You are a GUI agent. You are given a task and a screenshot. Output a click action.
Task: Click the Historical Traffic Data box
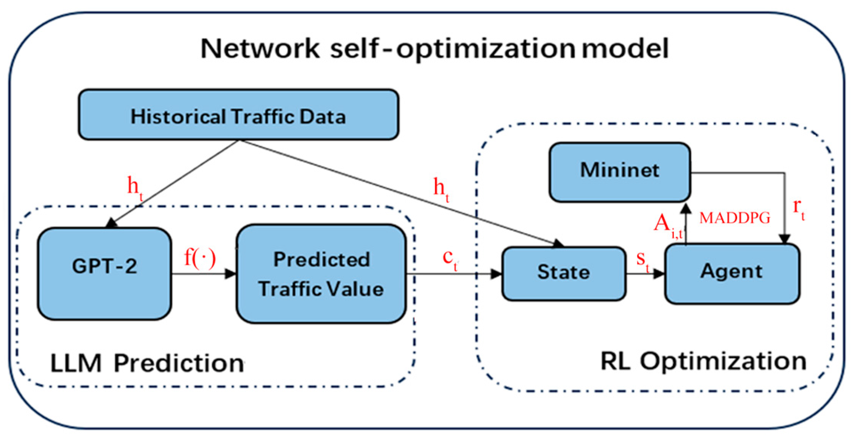tap(238, 115)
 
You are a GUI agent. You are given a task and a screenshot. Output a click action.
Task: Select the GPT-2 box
tap(104, 273)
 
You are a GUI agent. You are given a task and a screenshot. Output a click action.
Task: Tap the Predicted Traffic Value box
tap(321, 274)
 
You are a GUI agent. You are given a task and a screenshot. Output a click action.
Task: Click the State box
tap(563, 273)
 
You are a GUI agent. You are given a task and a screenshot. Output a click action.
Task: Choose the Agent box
tap(732, 273)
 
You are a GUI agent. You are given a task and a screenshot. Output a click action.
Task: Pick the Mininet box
tap(620, 171)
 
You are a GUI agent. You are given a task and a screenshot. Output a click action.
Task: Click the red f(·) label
tap(200, 258)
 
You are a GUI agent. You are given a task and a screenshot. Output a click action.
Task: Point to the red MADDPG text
tap(734, 218)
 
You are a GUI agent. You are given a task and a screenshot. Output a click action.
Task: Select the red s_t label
tap(642, 260)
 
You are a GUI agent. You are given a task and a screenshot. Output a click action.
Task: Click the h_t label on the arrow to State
tap(441, 189)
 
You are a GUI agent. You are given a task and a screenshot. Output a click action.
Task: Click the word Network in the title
tap(260, 49)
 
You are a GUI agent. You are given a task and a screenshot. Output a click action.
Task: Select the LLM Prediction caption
tap(147, 363)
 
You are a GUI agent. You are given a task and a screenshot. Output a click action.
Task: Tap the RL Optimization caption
tap(703, 361)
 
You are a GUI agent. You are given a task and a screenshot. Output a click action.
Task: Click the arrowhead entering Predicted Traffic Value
tap(230, 274)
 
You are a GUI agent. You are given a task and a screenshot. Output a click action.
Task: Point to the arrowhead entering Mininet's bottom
tap(686, 208)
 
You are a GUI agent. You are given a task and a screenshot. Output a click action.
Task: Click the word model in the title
tap(625, 49)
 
